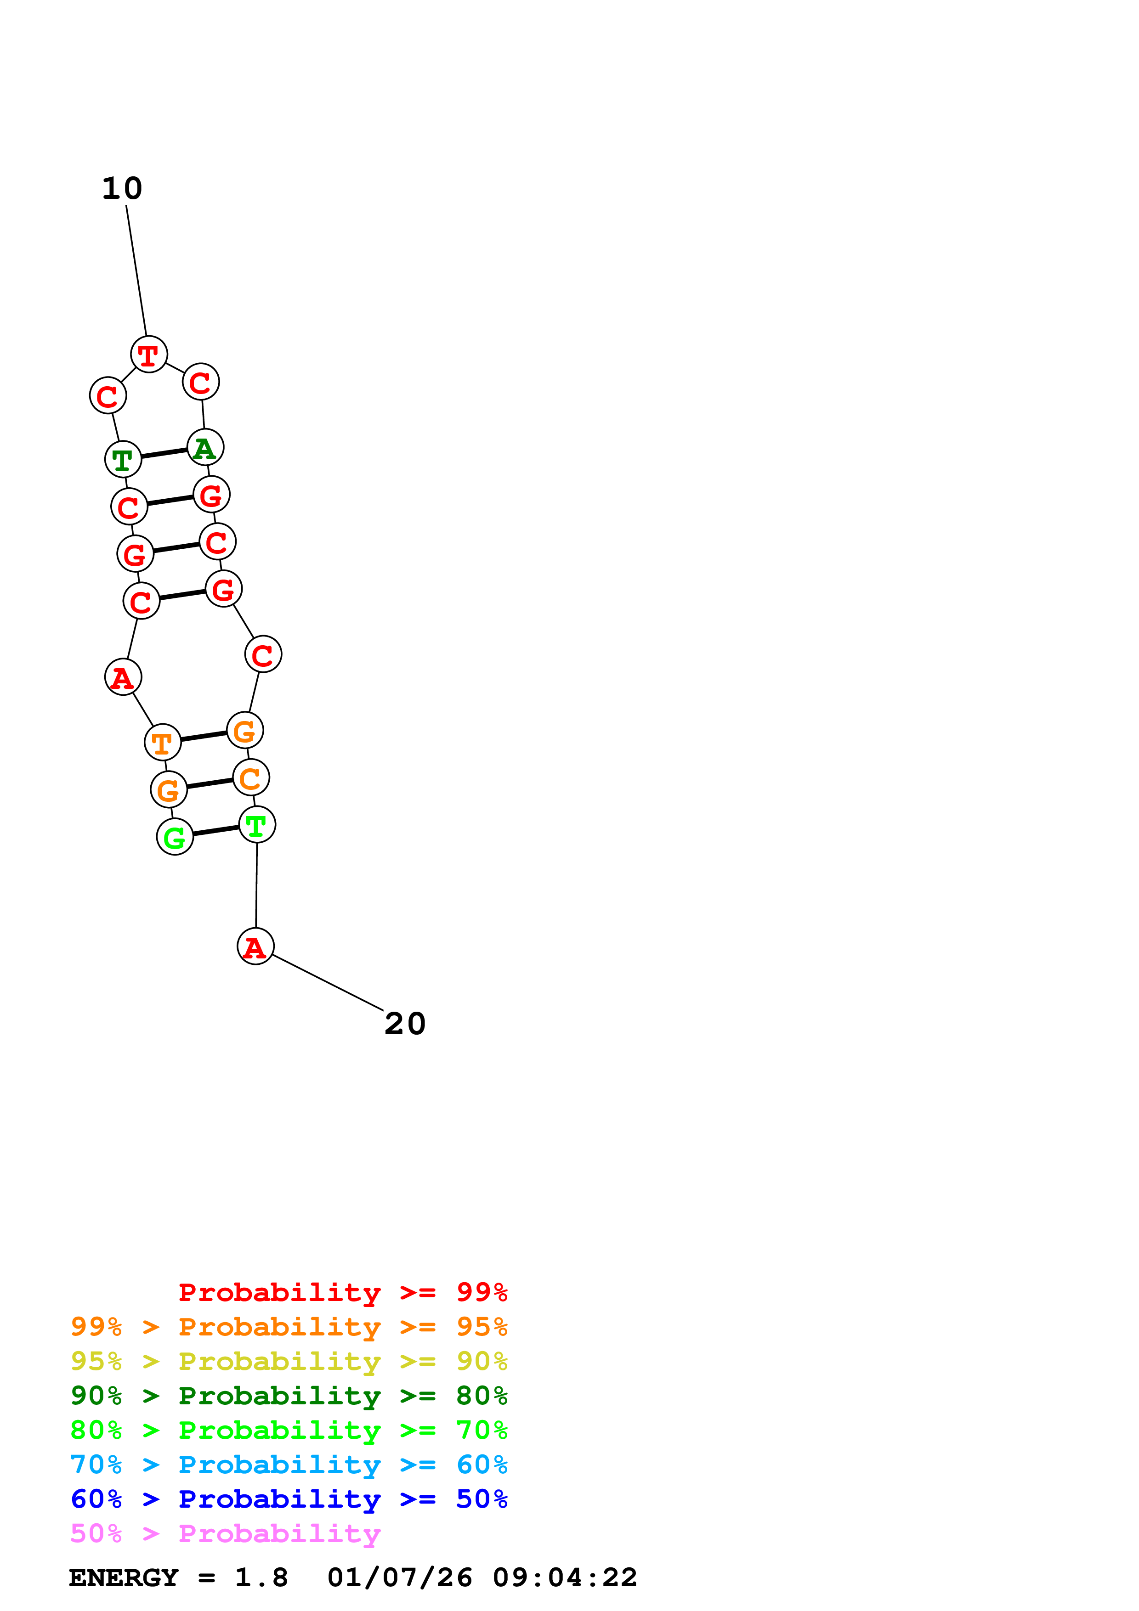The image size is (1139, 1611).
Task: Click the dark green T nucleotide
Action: [123, 460]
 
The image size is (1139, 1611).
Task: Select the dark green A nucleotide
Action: [205, 448]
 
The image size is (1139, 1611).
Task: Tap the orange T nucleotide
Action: [162, 742]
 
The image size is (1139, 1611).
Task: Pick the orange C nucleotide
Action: [250, 777]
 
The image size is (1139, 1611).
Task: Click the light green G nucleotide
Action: [175, 836]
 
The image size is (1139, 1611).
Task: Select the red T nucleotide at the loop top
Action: [149, 355]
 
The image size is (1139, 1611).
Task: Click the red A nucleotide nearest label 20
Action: [255, 946]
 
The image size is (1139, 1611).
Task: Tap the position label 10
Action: [122, 188]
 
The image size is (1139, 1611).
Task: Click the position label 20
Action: [405, 1024]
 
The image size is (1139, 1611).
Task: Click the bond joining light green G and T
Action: [216, 831]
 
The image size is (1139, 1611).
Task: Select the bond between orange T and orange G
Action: [204, 736]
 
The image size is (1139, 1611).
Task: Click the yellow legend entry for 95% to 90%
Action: [289, 1361]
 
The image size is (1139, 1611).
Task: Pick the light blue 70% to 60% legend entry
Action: [289, 1465]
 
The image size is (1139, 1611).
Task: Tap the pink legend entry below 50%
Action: [225, 1533]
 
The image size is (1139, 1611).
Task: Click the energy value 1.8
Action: [261, 1577]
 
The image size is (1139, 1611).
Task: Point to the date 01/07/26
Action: [399, 1577]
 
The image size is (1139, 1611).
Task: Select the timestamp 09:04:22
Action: [565, 1577]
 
